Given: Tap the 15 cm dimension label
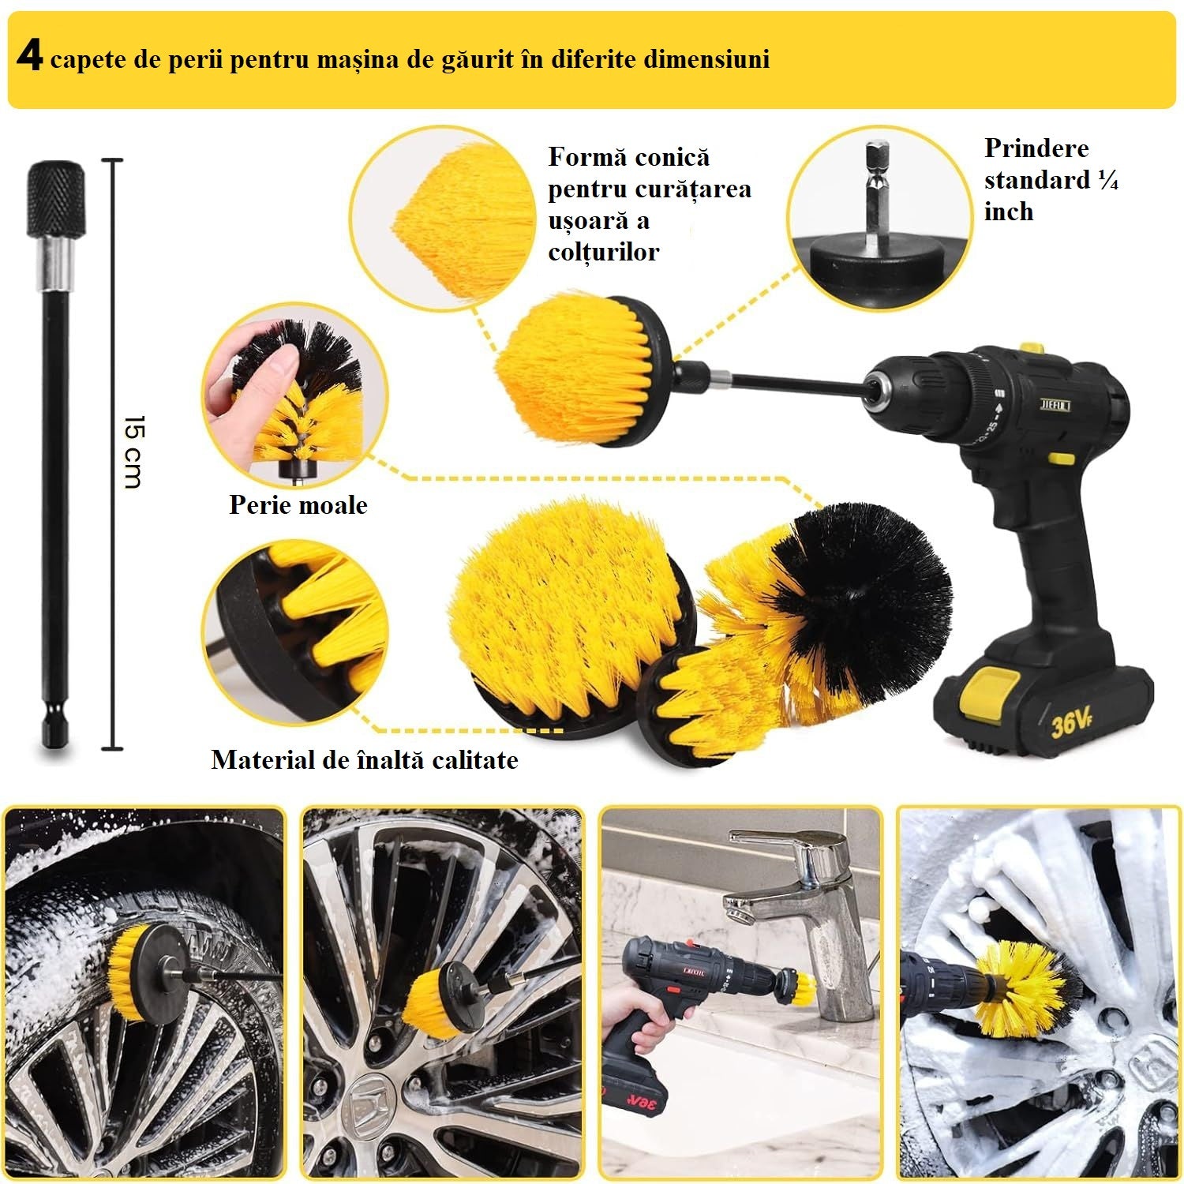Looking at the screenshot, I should [134, 451].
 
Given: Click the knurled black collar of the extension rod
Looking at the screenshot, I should [56, 197].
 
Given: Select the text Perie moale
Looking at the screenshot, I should [298, 505].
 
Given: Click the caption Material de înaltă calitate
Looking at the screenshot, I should [365, 760].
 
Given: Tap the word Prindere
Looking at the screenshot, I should [1036, 148].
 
